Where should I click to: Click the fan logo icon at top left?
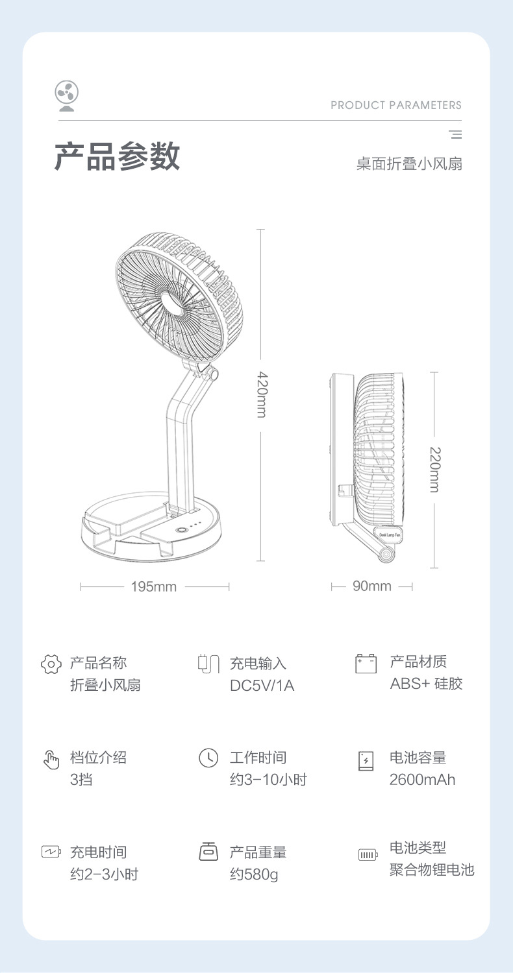click(67, 95)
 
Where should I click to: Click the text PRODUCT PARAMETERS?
click(395, 105)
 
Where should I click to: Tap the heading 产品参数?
click(117, 156)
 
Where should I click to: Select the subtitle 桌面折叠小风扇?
click(409, 164)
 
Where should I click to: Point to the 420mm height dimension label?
click(261, 394)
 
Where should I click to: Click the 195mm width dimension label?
click(154, 587)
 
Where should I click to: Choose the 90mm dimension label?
click(372, 586)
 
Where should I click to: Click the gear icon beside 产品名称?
click(51, 664)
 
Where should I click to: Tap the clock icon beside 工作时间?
click(208, 758)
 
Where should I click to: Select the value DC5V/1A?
click(262, 686)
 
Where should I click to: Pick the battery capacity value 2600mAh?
click(422, 780)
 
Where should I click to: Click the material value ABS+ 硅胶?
click(426, 684)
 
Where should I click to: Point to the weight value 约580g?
click(254, 874)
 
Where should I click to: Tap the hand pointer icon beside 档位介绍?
click(51, 759)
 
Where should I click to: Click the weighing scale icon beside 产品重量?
click(208, 852)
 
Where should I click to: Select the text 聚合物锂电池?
click(432, 870)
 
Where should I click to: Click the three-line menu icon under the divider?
click(455, 135)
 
